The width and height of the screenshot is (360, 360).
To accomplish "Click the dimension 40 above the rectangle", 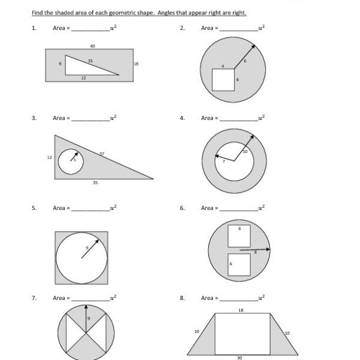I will tap(92, 46).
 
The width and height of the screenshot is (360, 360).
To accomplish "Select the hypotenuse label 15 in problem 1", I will tap(90, 61).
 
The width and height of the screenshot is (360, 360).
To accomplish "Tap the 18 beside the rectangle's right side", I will tap(136, 64).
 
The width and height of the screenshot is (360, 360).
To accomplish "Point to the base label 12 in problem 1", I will tap(83, 77).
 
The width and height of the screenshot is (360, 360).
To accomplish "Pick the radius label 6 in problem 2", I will tap(245, 61).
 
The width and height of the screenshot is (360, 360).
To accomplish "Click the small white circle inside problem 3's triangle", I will tap(71, 161).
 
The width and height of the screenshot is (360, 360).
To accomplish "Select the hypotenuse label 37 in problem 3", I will tap(102, 154).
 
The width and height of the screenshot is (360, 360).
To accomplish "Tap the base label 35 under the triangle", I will tap(95, 182).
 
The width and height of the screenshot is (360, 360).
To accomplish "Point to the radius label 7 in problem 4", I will tap(224, 161).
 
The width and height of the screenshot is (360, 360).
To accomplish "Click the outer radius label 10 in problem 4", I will tap(245, 152).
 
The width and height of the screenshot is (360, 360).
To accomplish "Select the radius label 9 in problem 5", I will tap(87, 248).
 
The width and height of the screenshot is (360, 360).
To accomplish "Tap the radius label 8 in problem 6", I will tap(255, 253).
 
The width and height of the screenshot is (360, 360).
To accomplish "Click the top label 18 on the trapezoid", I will tap(241, 310).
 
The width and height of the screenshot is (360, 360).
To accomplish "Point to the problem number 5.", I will tap(34, 208).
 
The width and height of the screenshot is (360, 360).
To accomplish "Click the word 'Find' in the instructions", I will tap(37, 13).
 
